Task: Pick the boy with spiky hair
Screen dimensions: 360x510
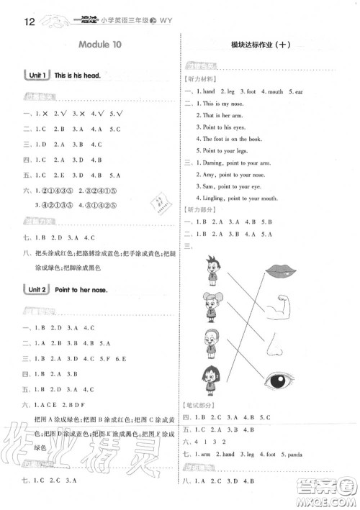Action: point(214,272)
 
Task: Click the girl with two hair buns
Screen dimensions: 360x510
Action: point(214,307)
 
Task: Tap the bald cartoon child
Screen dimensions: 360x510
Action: point(213,344)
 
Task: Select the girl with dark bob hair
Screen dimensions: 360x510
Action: point(214,379)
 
